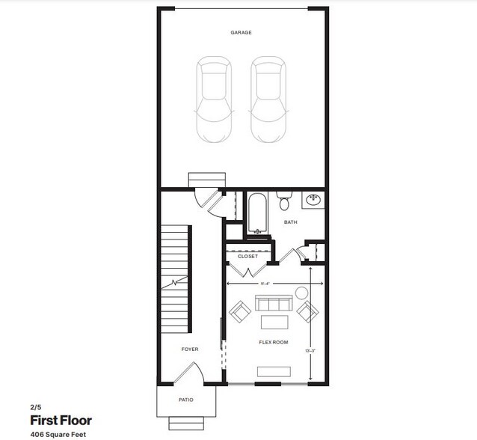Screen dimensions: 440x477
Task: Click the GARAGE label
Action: [241, 33]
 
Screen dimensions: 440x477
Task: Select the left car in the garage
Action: [214, 100]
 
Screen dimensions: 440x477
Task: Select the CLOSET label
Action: [247, 256]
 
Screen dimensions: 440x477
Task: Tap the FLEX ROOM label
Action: [274, 343]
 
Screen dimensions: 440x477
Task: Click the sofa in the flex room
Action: [274, 304]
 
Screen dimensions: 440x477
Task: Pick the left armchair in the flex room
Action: [241, 311]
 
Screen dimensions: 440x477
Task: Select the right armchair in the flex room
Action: [307, 311]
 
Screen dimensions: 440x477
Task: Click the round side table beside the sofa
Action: [301, 292]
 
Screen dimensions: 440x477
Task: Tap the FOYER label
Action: [190, 349]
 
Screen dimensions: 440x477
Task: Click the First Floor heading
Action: [61, 421]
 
